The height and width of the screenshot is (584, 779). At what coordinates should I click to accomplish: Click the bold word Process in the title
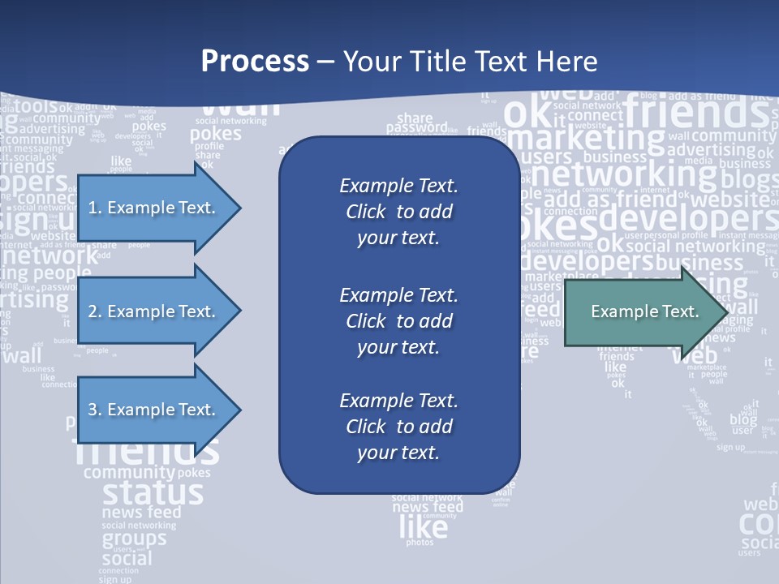click(255, 61)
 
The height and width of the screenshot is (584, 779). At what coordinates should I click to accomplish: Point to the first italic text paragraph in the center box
click(398, 212)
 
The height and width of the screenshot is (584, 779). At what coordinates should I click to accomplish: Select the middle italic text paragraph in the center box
click(398, 320)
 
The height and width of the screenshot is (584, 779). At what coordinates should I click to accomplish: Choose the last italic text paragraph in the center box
click(398, 427)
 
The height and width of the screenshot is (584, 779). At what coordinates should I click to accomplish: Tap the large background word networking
click(625, 173)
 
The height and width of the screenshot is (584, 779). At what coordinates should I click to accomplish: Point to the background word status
click(153, 492)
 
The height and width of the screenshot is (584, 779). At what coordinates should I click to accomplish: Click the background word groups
click(134, 539)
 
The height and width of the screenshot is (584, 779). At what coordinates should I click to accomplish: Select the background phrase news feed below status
click(141, 513)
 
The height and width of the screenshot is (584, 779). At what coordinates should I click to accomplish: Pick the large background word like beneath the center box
click(423, 528)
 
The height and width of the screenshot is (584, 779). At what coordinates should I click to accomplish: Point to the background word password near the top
click(415, 128)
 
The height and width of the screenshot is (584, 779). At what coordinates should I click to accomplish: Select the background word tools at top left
click(36, 106)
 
